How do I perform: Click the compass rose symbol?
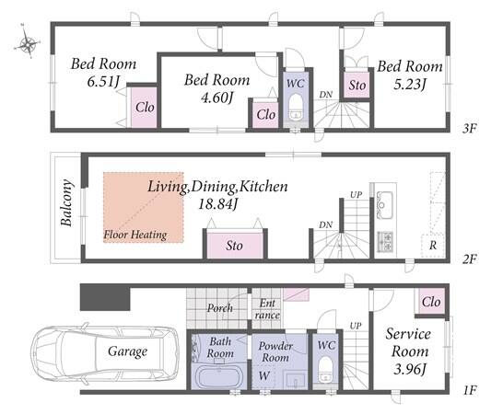28,42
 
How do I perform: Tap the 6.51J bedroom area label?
103,81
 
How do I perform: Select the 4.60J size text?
216,97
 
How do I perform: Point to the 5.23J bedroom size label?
410,84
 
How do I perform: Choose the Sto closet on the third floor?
357,86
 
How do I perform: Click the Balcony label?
66,202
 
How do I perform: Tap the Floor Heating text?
135,235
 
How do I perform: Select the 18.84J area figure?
217,203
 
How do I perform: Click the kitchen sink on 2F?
385,205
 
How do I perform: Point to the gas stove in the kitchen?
385,242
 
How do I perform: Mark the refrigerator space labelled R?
433,246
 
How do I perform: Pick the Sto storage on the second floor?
235,245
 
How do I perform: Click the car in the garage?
105,351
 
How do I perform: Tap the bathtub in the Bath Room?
220,377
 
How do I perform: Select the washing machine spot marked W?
264,375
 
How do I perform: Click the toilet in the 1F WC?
325,370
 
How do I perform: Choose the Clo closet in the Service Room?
430,302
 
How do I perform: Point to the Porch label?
220,308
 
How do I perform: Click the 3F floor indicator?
469,129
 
